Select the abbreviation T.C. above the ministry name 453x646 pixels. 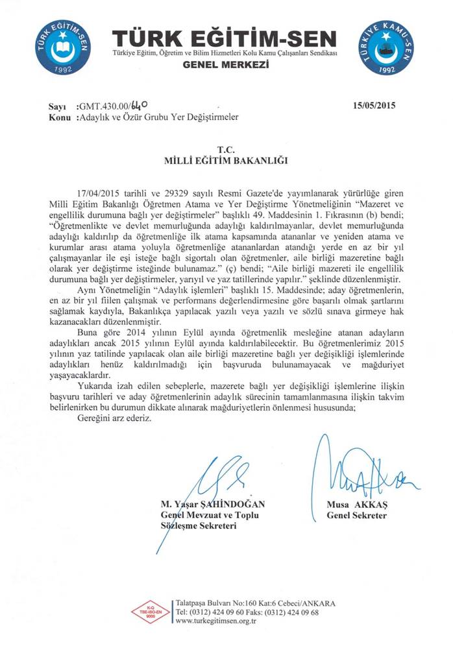pyautogui.click(x=226, y=149)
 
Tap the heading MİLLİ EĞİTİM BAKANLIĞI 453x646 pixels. pyautogui.click(x=225, y=159)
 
